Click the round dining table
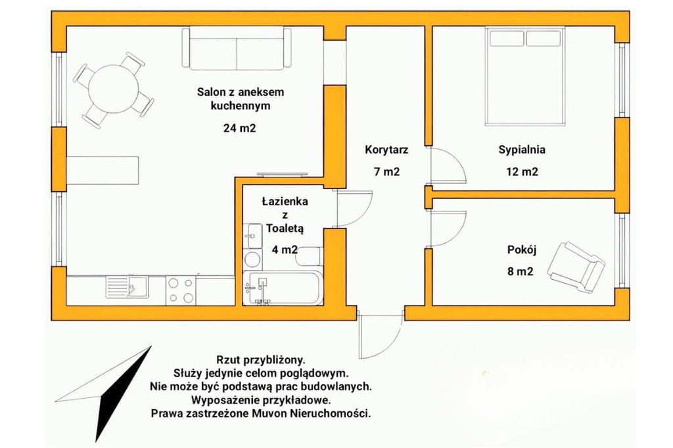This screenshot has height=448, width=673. pyautogui.click(x=114, y=89)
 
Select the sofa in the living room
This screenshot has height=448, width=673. pyautogui.click(x=237, y=51)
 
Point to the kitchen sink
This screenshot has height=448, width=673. pyautogui.click(x=128, y=286)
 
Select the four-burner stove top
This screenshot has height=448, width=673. pyautogui.click(x=181, y=290)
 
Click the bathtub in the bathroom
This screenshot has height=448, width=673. pyautogui.click(x=283, y=288)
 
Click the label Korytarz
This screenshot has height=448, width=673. pyautogui.click(x=386, y=150)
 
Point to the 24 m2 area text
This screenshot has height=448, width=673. pyautogui.click(x=239, y=128)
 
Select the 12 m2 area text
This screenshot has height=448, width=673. pyautogui.click(x=521, y=172)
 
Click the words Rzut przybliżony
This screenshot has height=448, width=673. pyautogui.click(x=260, y=360)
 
